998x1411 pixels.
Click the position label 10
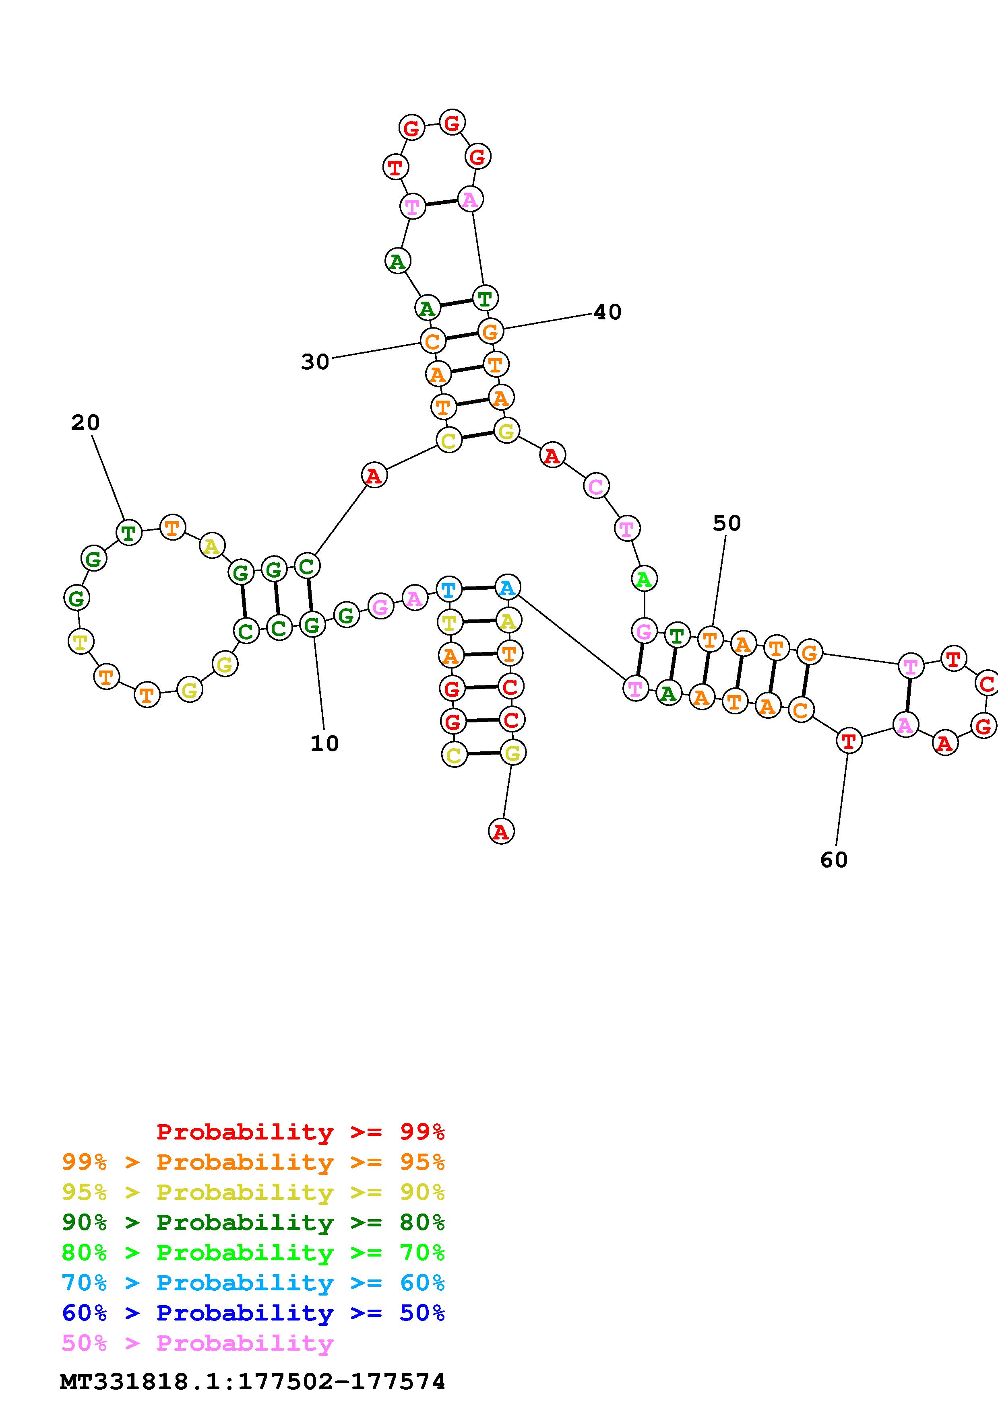pos(324,744)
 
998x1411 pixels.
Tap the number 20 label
pos(85,423)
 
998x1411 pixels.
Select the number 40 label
pos(607,312)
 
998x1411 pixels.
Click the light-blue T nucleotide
pos(448,590)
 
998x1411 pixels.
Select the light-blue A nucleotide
pos(507,588)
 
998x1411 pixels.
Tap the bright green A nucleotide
pos(644,579)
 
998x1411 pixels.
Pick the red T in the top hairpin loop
pos(395,167)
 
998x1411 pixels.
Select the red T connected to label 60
pos(849,741)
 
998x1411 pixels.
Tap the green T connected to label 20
pos(128,532)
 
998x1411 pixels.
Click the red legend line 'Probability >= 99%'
pos(301,1132)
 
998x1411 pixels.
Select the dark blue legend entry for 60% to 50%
pos(253,1313)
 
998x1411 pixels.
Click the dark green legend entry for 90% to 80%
pos(253,1223)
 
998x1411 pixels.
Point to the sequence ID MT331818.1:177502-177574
pos(252,1382)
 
